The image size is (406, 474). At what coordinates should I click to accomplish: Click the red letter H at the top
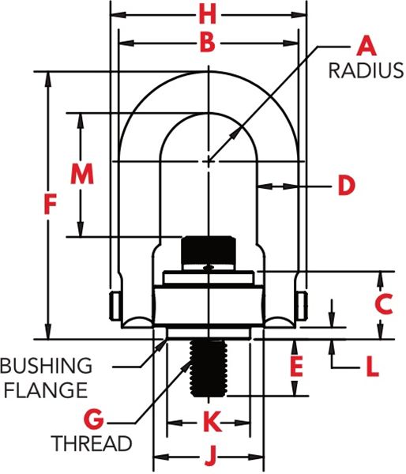click(208, 15)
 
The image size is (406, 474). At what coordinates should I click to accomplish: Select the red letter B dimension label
click(208, 43)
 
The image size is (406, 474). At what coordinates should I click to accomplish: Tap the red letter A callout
click(367, 46)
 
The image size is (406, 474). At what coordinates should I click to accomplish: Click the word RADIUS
click(366, 71)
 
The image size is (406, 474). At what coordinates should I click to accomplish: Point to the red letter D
click(347, 186)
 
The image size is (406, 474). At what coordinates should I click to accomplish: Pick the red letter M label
click(82, 173)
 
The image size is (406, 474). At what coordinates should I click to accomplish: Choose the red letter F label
click(51, 205)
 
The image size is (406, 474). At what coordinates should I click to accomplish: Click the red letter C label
click(384, 304)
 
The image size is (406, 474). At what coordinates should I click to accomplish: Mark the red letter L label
click(373, 367)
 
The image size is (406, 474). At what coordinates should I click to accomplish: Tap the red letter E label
click(296, 367)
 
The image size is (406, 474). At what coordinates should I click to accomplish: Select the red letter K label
click(212, 422)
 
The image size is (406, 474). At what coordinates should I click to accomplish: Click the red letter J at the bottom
click(212, 456)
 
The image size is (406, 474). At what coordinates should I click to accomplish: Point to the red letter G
click(94, 419)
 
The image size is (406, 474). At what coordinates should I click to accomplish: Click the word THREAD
click(92, 443)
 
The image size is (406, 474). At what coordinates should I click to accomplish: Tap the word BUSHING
click(46, 366)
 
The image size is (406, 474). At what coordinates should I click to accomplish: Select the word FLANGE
click(46, 390)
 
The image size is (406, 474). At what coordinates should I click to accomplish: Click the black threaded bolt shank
click(209, 367)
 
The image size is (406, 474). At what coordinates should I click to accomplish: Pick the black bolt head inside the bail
click(209, 250)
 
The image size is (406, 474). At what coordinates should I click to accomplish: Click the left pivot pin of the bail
click(115, 305)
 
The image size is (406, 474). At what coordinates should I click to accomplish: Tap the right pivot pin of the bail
click(303, 305)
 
